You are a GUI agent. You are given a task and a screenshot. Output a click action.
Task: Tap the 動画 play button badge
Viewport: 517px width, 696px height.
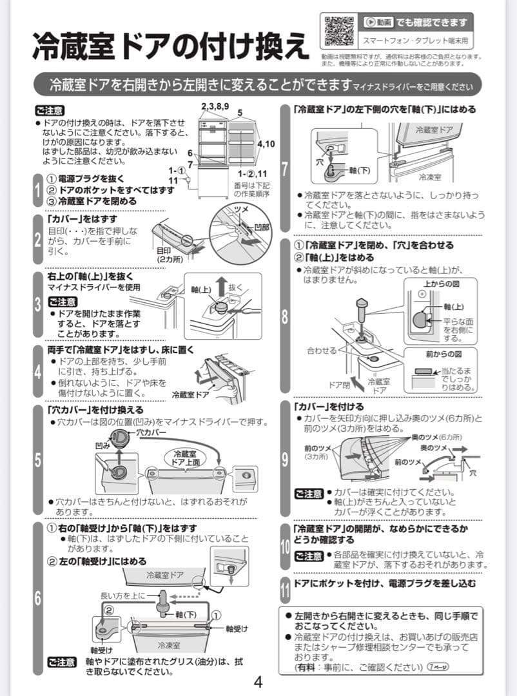tap(378, 23)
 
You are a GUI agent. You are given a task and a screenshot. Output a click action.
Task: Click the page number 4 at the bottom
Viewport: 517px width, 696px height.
tap(258, 682)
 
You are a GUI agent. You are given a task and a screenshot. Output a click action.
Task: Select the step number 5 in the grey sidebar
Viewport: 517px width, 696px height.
tap(37, 460)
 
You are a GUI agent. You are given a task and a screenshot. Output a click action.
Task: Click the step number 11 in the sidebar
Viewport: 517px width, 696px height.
tap(285, 589)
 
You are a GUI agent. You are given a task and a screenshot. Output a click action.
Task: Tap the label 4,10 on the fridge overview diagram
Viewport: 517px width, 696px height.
tap(266, 144)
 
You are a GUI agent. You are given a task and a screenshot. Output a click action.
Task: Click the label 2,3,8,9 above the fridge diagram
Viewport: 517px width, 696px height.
tap(215, 106)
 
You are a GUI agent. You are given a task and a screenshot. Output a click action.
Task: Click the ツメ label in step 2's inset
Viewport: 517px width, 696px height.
tap(241, 210)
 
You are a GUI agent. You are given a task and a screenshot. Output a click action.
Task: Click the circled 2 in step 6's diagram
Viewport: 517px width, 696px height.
tap(109, 609)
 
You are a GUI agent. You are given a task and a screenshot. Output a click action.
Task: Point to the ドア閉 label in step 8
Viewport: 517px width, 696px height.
tap(338, 385)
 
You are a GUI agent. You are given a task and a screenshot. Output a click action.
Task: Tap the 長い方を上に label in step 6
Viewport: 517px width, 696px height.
tap(123, 595)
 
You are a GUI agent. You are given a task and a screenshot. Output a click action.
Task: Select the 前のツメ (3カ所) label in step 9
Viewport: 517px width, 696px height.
tap(317, 452)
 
